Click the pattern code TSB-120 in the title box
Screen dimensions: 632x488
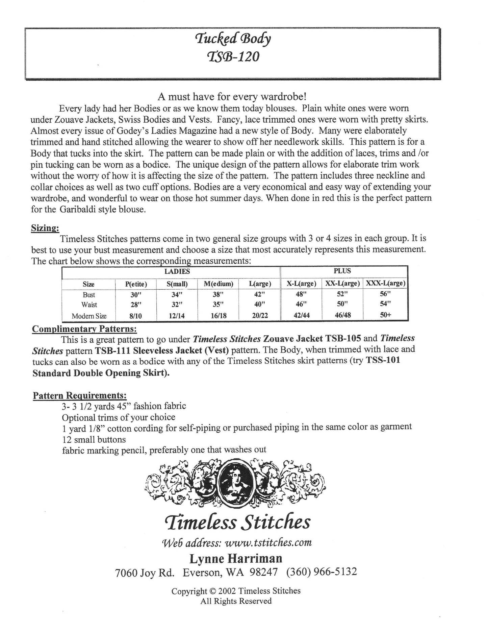click(233, 56)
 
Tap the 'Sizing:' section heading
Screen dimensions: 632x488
click(45, 228)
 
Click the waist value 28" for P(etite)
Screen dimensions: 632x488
click(136, 305)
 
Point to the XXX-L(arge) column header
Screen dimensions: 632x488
click(385, 283)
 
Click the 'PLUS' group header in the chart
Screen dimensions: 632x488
click(343, 271)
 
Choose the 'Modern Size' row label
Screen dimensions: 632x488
click(89, 316)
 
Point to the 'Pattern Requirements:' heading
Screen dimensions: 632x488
click(80, 395)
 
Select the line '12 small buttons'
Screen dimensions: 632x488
click(94, 439)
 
